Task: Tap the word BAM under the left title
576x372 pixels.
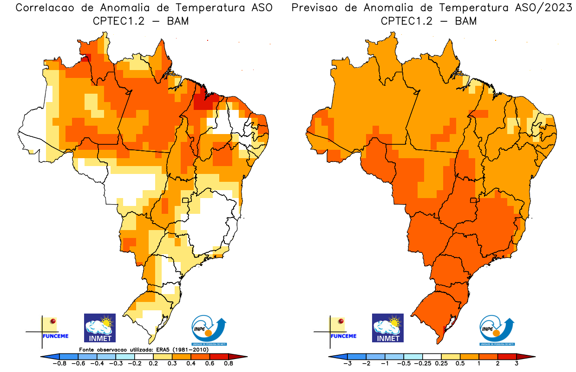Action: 178,21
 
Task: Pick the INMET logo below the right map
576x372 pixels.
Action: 388,327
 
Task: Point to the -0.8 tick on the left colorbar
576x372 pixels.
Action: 60,364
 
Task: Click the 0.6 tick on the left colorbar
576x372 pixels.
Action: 208,364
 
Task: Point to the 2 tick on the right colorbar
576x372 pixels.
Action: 497,364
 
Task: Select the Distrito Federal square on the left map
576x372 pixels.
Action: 185,201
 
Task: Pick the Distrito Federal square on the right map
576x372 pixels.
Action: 474,201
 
